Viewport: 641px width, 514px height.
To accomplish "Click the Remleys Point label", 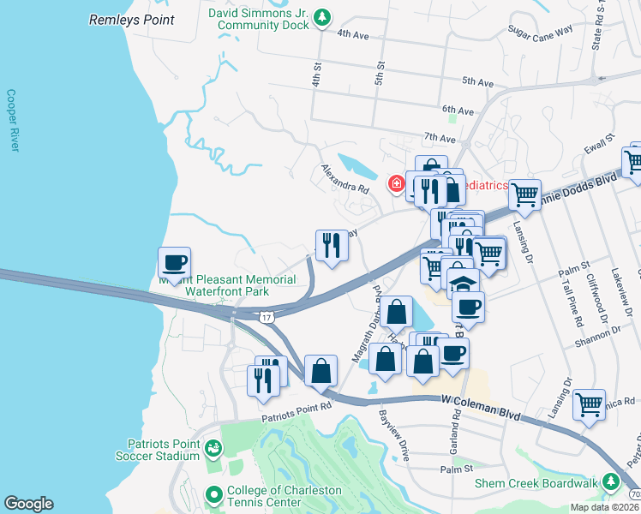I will click(x=131, y=20).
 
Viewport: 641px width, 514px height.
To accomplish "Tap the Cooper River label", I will click(x=12, y=121).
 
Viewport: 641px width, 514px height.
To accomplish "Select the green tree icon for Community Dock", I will click(x=321, y=17).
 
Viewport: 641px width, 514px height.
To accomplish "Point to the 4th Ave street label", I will click(x=352, y=34).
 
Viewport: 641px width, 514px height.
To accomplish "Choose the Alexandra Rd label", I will click(x=345, y=179).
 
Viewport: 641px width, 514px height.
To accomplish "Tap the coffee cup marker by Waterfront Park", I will click(x=174, y=262).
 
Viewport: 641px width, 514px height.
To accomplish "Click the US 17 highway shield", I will click(x=268, y=318).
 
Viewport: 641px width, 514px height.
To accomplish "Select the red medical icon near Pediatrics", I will click(x=396, y=182).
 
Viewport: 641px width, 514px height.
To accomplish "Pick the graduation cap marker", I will click(x=463, y=284).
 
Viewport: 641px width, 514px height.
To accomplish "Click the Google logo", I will click(x=28, y=503).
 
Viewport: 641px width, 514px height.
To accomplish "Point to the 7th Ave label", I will click(x=440, y=138).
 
